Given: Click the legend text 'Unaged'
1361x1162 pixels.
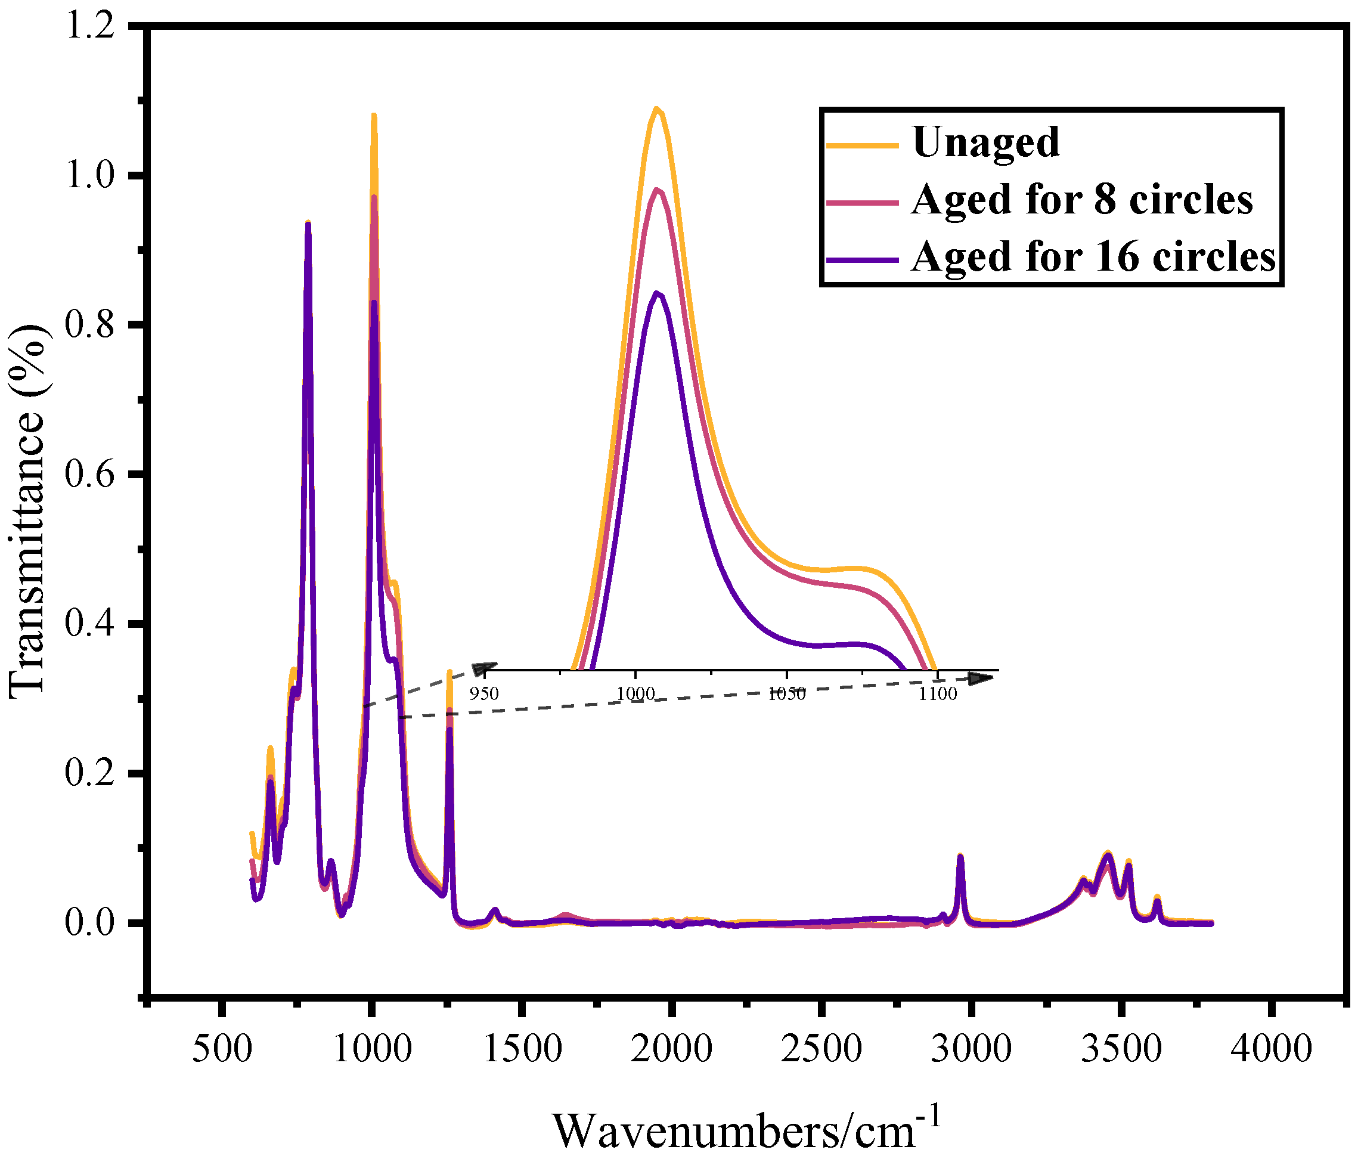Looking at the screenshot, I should [985, 142].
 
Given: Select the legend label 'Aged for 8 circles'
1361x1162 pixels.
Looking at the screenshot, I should [1082, 200].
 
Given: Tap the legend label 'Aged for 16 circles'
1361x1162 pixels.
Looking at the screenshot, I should [1093, 257].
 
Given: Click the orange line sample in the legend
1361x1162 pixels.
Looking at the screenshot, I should [862, 145].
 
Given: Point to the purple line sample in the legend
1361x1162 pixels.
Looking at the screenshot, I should [862, 259].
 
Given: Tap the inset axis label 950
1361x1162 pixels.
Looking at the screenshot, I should [484, 693].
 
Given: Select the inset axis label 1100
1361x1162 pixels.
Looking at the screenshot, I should [937, 693].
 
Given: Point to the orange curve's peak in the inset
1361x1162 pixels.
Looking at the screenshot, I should [656, 109].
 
